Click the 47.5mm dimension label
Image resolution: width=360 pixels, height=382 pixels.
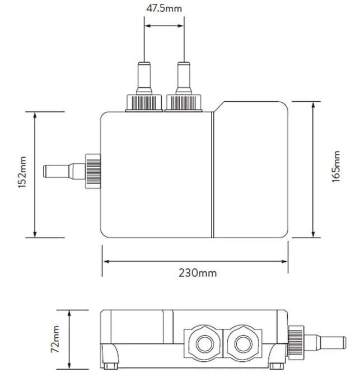pyautogui.click(x=164, y=8)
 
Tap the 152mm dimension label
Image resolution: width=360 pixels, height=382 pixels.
pyautogui.click(x=22, y=172)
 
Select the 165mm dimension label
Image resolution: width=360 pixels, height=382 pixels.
pyautogui.click(x=336, y=167)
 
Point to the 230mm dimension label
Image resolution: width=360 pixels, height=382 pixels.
pyautogui.click(x=198, y=273)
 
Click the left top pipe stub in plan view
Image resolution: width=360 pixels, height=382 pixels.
pyautogui.click(x=144, y=78)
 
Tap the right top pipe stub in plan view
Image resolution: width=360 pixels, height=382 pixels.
pyautogui.click(x=184, y=78)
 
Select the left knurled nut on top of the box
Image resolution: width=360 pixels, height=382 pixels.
pyautogui.click(x=144, y=103)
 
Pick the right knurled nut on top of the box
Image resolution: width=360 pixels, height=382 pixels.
pyautogui.click(x=184, y=103)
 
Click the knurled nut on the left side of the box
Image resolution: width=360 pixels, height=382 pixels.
pyautogui.click(x=93, y=171)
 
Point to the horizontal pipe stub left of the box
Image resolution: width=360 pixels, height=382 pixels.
pyautogui.click(x=64, y=171)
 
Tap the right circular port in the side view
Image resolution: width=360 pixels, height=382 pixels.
pyautogui.click(x=243, y=344)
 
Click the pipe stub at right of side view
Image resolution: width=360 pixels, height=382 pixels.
pyautogui.click(x=325, y=343)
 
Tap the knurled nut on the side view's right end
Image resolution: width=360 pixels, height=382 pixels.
pyautogui.click(x=296, y=343)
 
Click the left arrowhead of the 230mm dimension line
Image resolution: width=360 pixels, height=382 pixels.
pyautogui.click(x=106, y=261)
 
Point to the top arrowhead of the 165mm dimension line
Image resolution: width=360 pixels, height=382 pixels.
pyautogui.click(x=314, y=106)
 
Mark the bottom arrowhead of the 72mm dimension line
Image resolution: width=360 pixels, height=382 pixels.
pyautogui.click(x=69, y=365)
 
